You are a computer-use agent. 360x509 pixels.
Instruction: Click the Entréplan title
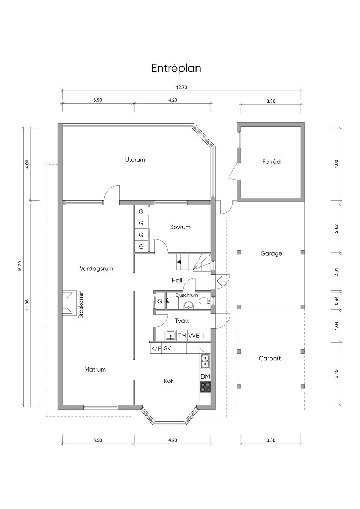pyautogui.click(x=176, y=69)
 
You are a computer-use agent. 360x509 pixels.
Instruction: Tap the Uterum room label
pyautogui.click(x=135, y=160)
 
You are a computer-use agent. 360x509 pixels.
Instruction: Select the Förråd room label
pyautogui.click(x=271, y=162)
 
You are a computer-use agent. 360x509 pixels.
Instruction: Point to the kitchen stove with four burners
pyautogui.click(x=205, y=387)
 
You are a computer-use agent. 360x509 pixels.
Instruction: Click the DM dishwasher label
pyautogui.click(x=205, y=376)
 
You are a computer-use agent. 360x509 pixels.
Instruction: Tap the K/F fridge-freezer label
pyautogui.click(x=156, y=349)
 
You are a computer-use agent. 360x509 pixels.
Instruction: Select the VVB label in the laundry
pyautogui.click(x=194, y=336)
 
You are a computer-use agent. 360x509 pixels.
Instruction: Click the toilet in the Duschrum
pyautogui.click(x=205, y=301)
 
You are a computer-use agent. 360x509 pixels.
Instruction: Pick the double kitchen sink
pyautogui.click(x=205, y=361)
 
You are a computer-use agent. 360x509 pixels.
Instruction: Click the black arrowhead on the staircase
pyautogui.click(x=179, y=262)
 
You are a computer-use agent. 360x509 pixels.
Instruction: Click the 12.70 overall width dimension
pyautogui.click(x=181, y=87)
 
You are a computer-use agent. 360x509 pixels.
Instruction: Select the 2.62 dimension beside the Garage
pyautogui.click(x=336, y=228)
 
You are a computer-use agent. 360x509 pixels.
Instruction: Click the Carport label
pyautogui.click(x=270, y=358)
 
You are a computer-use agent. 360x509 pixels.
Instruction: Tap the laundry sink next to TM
pyautogui.click(x=171, y=335)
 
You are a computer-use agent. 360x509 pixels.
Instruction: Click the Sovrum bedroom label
pyautogui.click(x=180, y=227)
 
